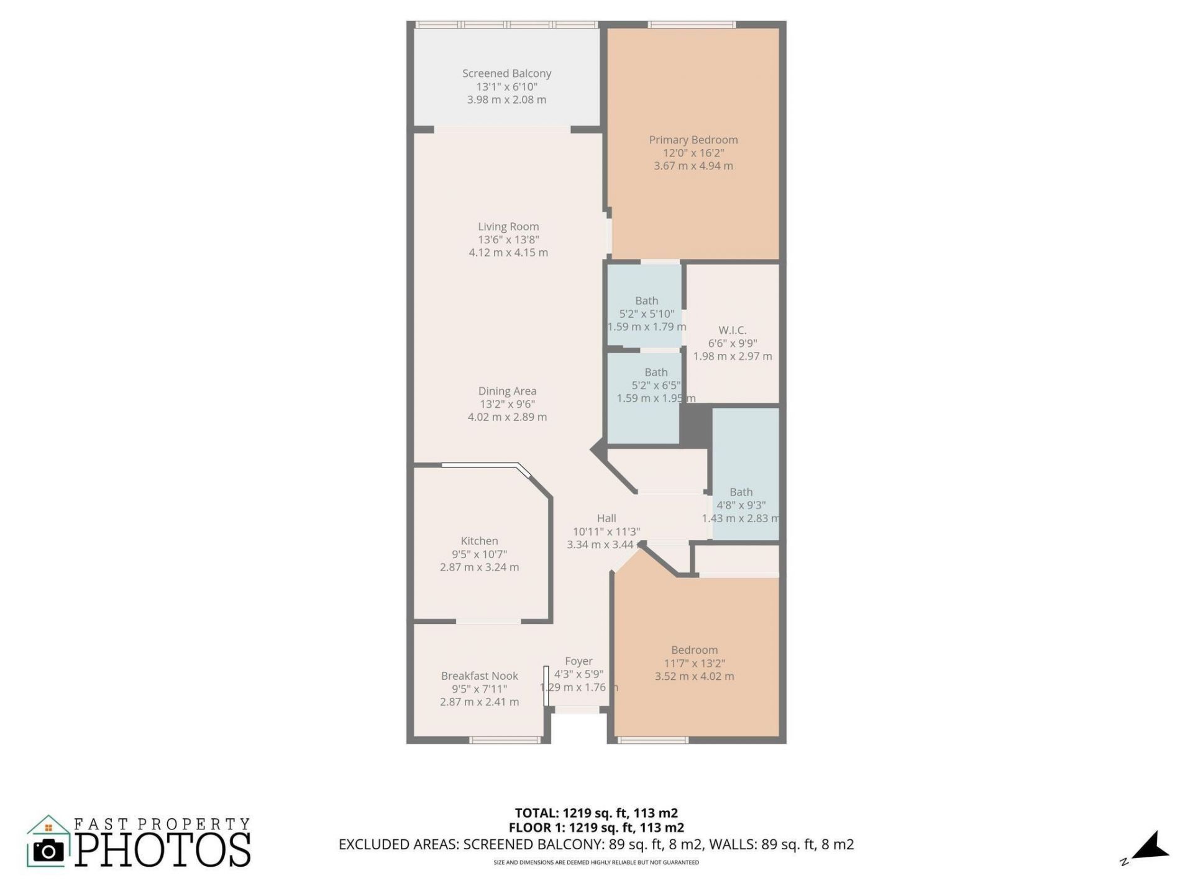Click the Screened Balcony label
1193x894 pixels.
coord(506,73)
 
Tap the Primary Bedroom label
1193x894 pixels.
coord(693,140)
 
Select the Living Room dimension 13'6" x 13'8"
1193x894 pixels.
coord(508,240)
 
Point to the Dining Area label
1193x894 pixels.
coord(507,391)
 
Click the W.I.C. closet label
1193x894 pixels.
coord(732,330)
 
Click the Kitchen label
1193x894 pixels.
coord(479,541)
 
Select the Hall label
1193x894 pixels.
coord(606,518)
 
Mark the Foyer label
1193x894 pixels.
coord(578,661)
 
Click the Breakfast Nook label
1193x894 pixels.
coord(479,676)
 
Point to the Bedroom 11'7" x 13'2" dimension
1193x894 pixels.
coord(694,663)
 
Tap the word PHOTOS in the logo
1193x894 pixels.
coord(163,850)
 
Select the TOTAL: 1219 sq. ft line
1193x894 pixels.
coord(596,813)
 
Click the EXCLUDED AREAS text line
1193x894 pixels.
coord(596,844)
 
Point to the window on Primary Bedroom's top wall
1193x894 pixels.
coord(692,25)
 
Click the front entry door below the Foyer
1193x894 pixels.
coord(577,710)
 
